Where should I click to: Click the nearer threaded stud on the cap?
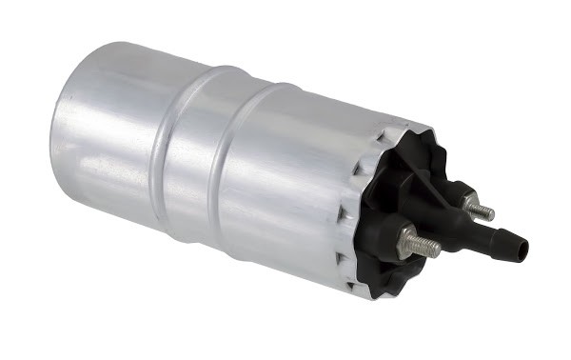click(x=422, y=245)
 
